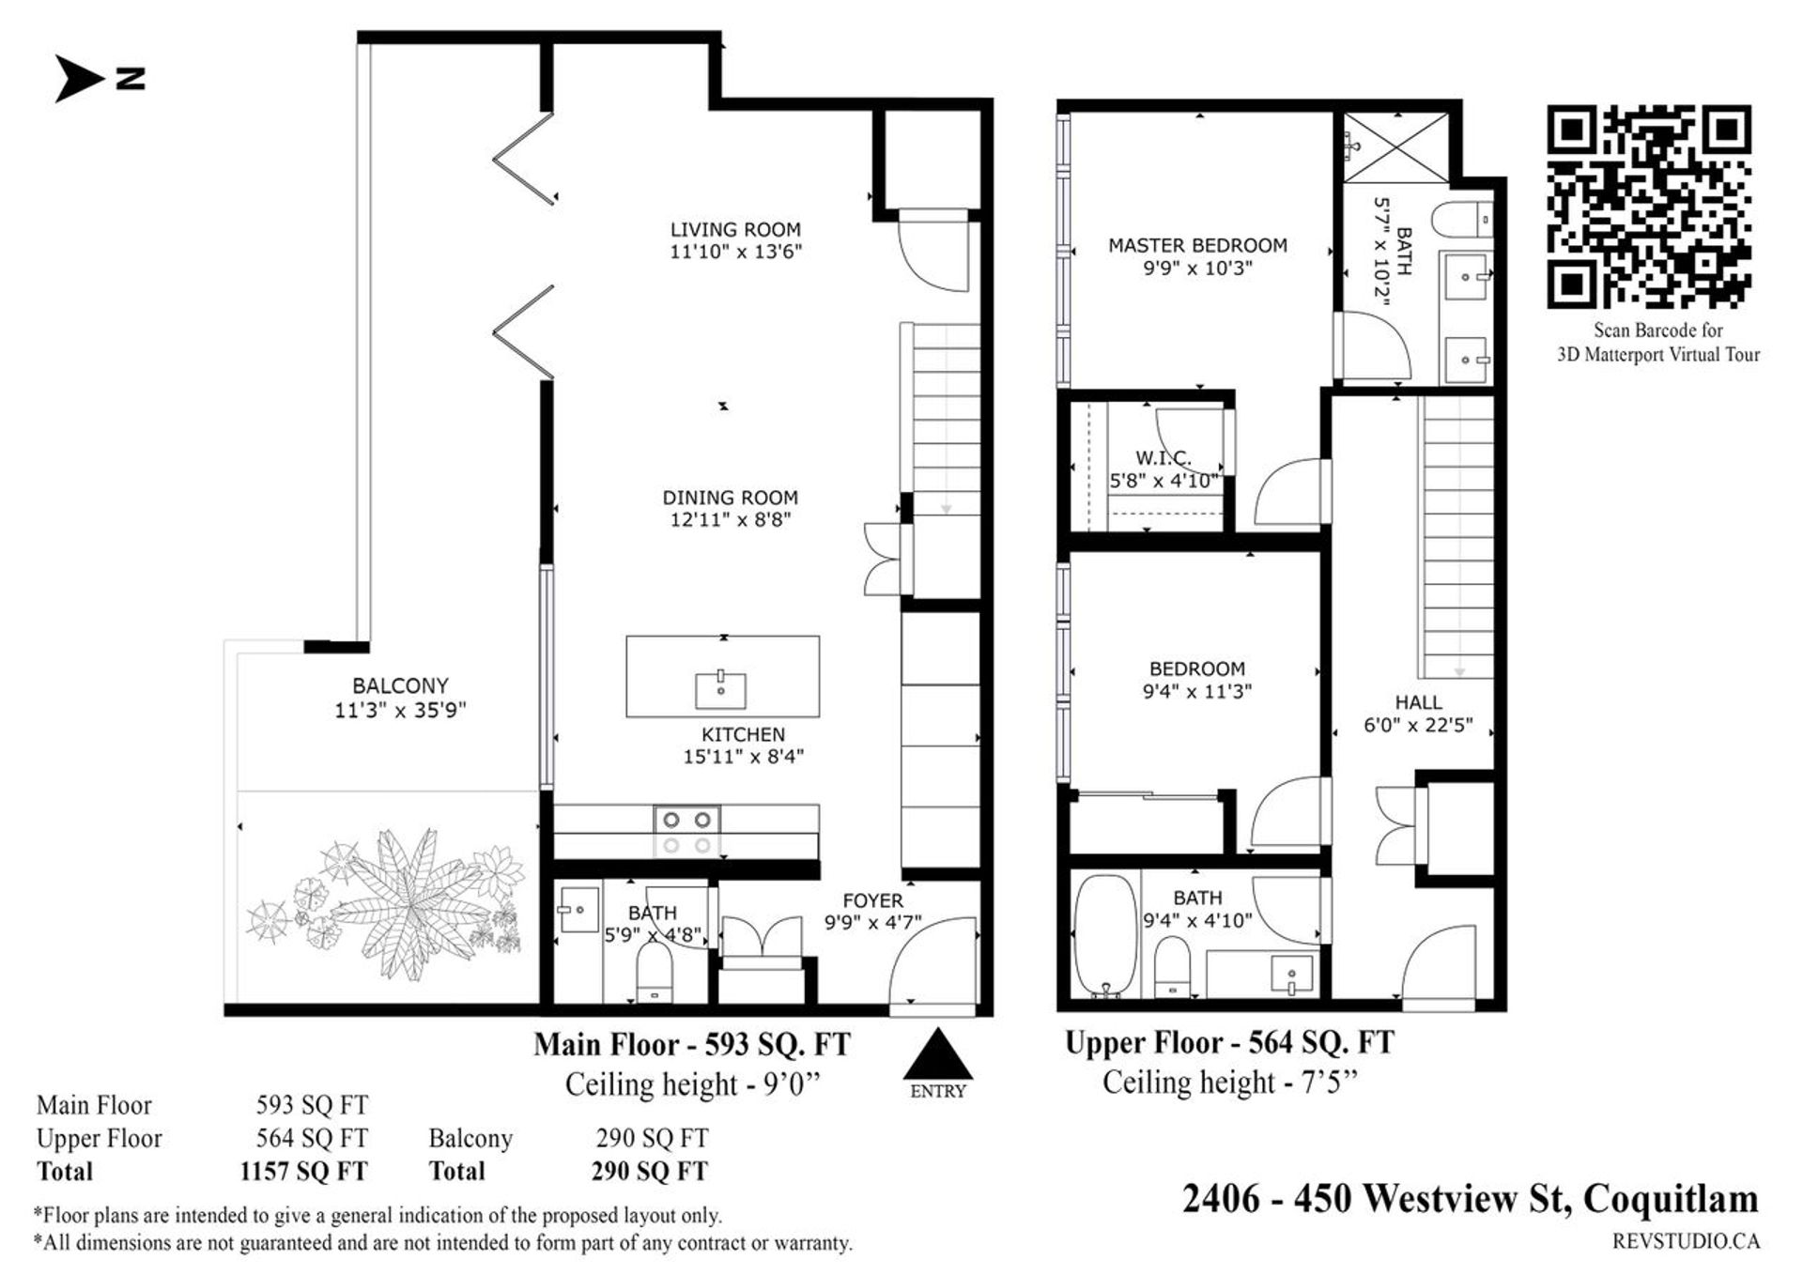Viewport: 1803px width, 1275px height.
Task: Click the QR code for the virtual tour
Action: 1649,206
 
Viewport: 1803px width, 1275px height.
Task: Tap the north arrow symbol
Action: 78,77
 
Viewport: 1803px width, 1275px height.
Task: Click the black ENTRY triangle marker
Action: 937,1054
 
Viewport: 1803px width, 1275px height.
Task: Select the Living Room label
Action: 735,229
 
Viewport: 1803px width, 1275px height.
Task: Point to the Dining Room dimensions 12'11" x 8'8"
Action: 730,520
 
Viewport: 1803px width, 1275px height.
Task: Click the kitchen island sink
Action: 720,689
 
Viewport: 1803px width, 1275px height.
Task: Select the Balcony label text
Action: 400,685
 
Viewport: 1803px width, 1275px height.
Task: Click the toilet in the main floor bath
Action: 655,971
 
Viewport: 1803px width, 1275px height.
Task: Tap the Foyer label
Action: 872,900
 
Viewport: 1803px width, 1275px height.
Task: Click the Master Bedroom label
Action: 1197,245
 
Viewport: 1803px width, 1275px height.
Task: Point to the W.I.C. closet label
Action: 1163,458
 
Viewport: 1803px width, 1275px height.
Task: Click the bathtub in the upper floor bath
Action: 1105,934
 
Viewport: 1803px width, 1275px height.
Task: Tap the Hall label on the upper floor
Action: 1418,702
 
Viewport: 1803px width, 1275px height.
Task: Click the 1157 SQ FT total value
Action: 303,1172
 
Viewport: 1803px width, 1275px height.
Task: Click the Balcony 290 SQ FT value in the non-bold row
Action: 651,1138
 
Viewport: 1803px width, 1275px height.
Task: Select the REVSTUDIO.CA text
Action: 1686,1241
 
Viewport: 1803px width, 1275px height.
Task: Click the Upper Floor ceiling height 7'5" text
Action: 1229,1083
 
